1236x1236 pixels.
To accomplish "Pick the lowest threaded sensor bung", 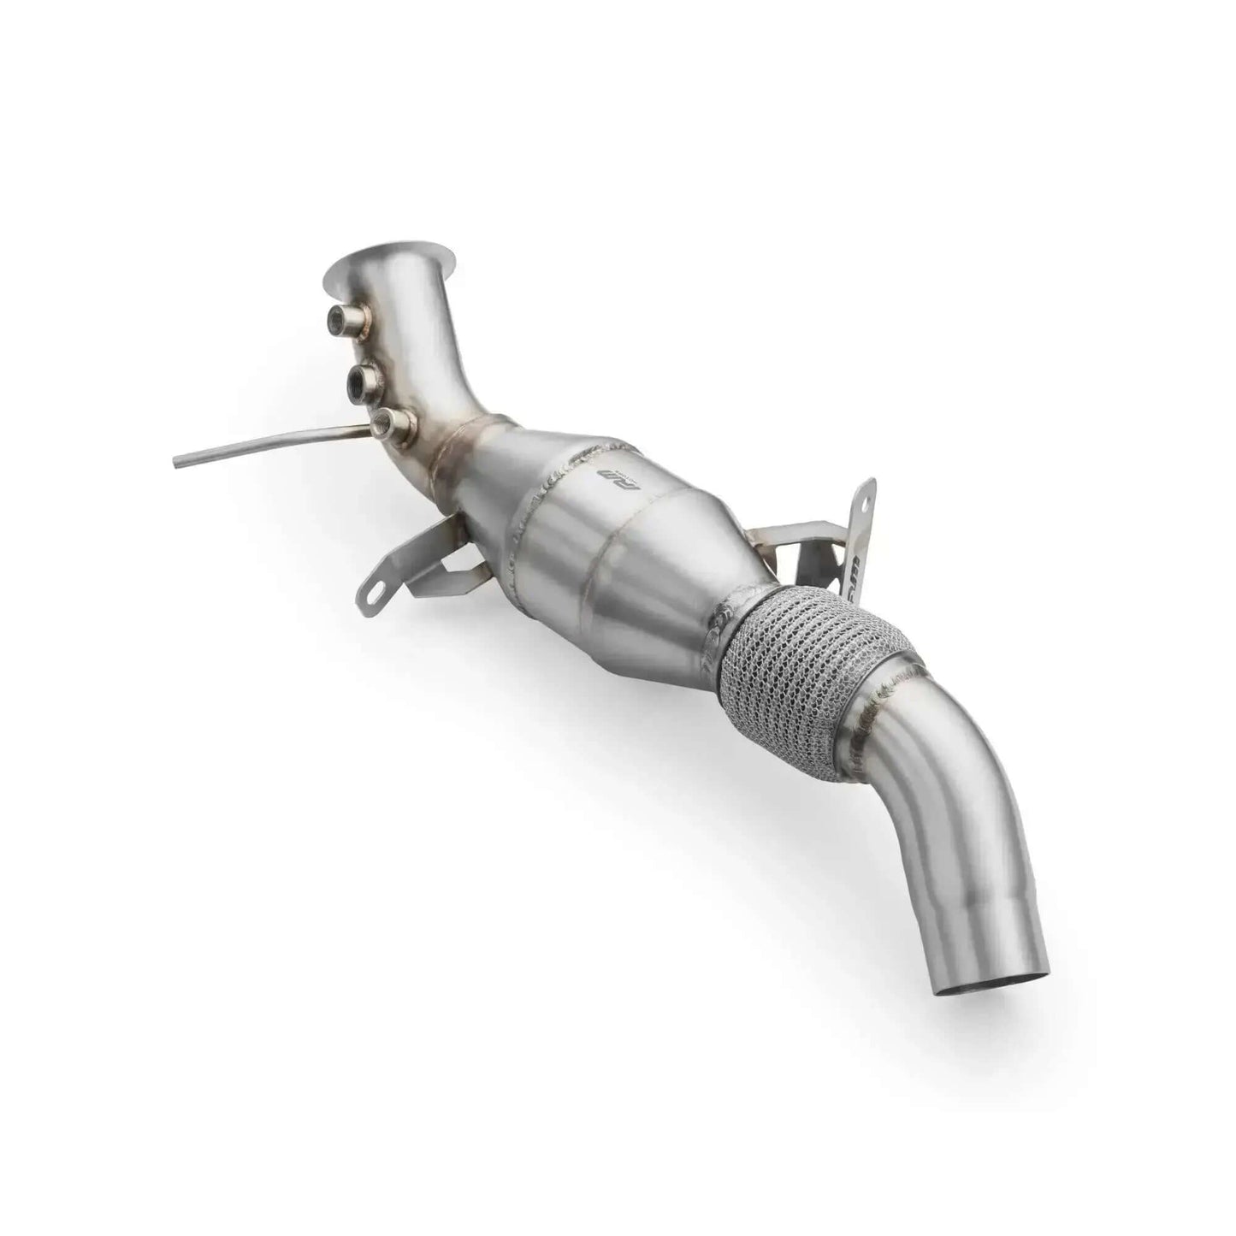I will pyautogui.click(x=395, y=421).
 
